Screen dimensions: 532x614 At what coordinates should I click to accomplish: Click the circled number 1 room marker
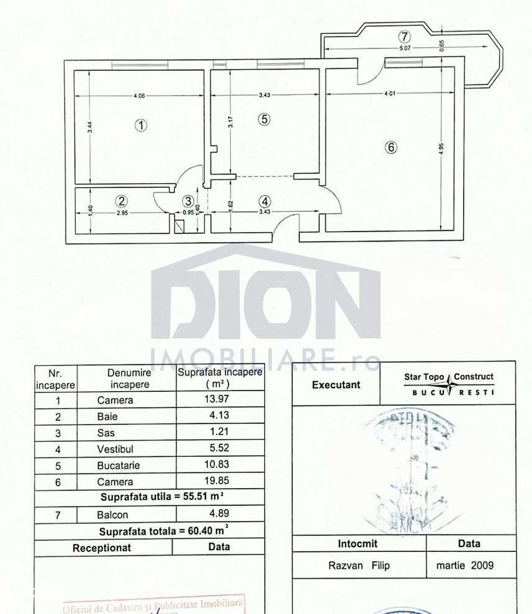(x=142, y=125)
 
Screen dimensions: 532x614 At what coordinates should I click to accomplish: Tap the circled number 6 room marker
(x=390, y=148)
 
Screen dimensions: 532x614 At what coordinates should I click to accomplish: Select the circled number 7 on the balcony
(x=404, y=37)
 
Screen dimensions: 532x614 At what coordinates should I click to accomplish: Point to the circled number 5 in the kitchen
(x=264, y=119)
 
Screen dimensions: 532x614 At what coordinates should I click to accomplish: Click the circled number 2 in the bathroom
(x=122, y=201)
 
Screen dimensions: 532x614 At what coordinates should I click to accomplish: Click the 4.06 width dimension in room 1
(x=139, y=96)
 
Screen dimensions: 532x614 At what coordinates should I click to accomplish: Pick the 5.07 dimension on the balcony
(x=404, y=48)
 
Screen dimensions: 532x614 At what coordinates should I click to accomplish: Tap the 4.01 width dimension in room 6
(x=389, y=94)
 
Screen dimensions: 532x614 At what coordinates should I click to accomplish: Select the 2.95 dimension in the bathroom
(x=122, y=213)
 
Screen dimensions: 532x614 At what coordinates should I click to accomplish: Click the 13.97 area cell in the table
(x=215, y=399)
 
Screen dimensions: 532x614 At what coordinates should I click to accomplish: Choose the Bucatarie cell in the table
(x=118, y=464)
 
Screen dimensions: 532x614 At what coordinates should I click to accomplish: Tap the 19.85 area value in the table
(x=215, y=481)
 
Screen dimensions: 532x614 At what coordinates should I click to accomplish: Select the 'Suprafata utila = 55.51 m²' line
(x=162, y=497)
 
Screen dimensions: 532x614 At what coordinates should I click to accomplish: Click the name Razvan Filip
(x=359, y=566)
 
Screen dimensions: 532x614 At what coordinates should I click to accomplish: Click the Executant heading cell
(x=336, y=384)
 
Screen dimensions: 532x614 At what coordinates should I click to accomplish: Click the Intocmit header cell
(x=358, y=543)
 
